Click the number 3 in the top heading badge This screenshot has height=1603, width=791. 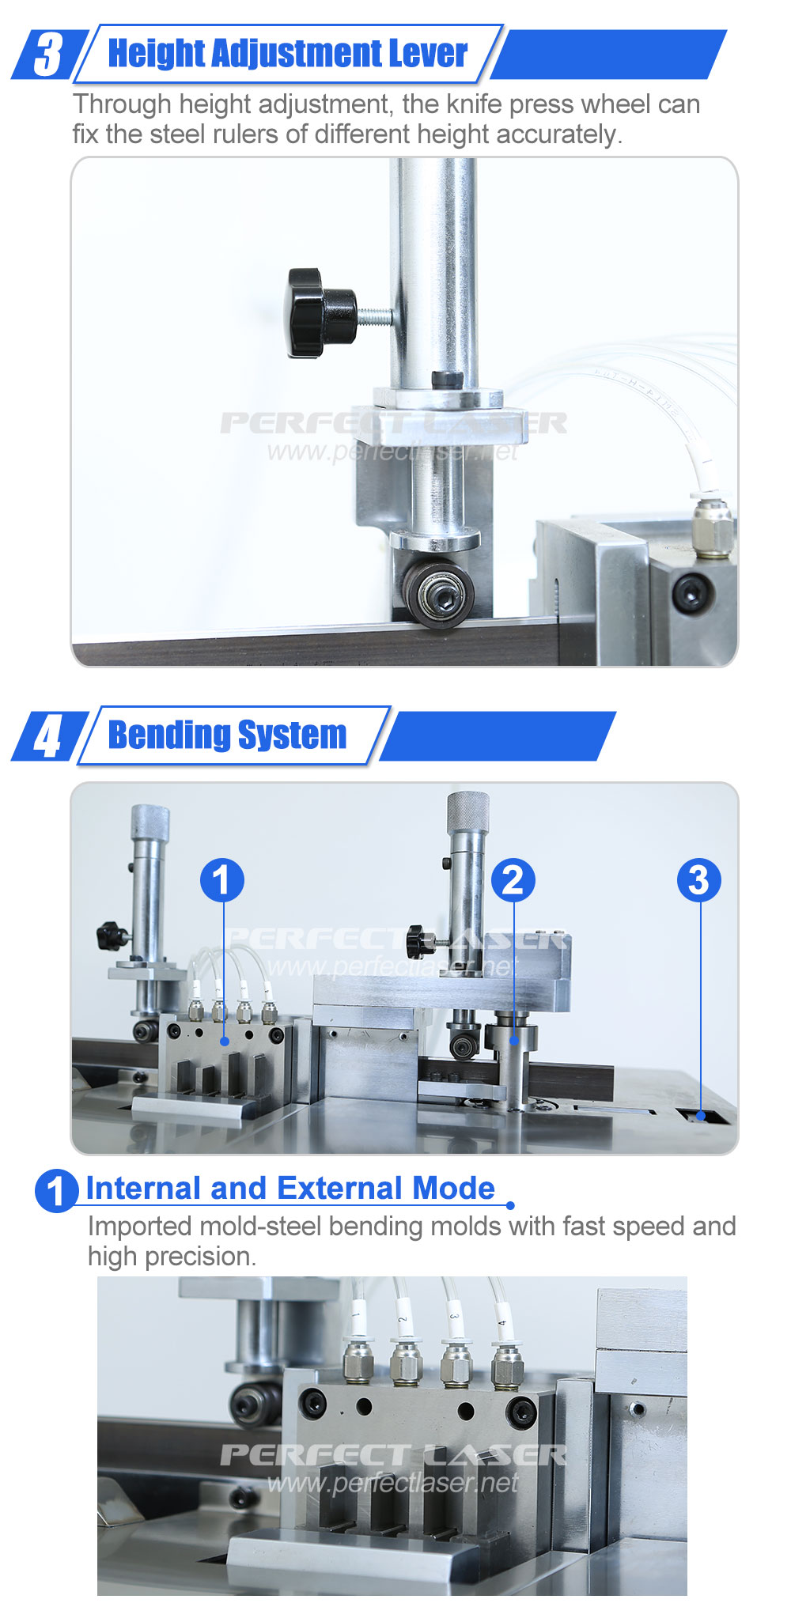tap(48, 54)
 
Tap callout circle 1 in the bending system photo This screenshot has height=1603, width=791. tap(222, 880)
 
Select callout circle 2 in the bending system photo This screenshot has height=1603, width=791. tap(513, 880)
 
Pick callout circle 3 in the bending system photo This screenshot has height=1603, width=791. tap(699, 880)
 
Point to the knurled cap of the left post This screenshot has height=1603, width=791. tap(149, 823)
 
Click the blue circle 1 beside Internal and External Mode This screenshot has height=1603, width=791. tap(56, 1190)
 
